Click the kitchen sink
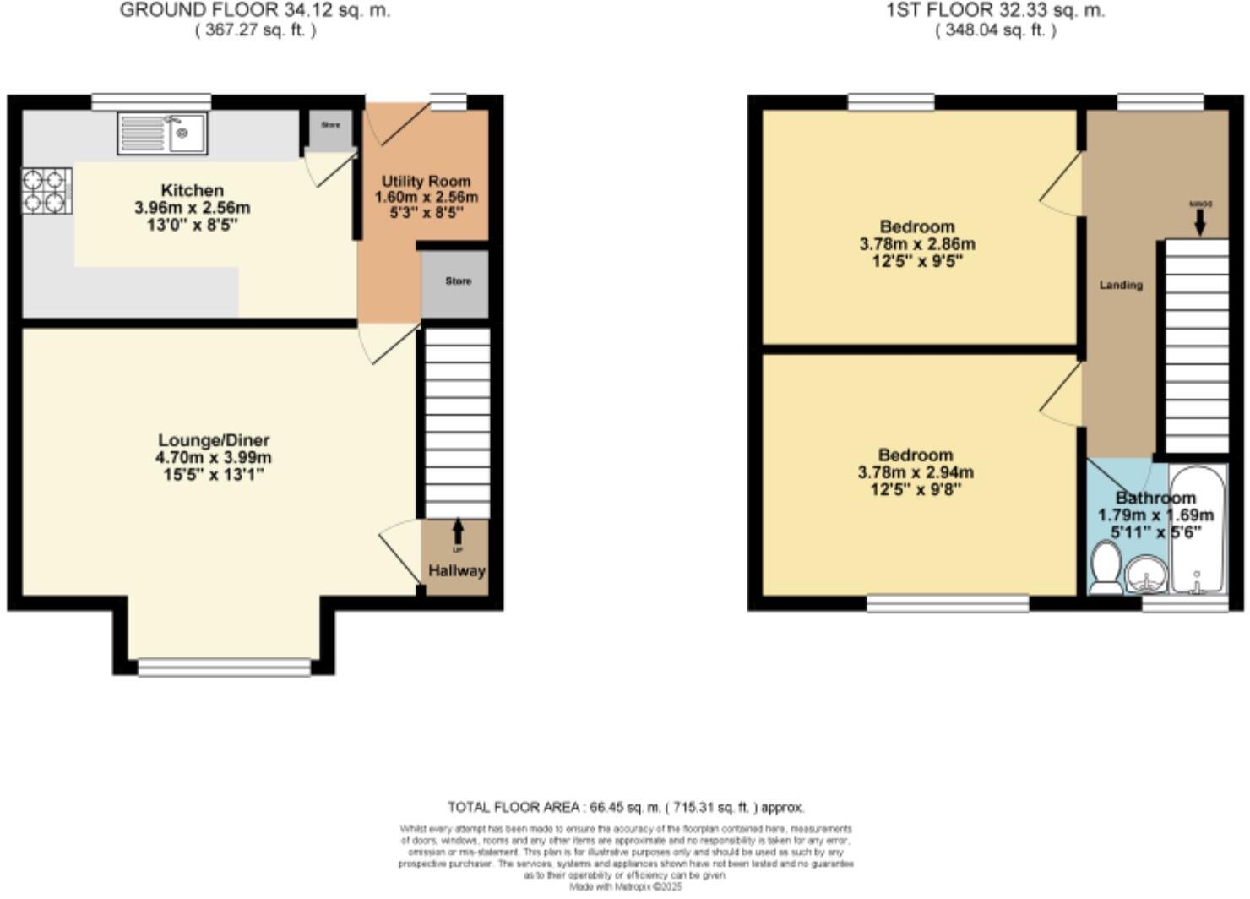pyautogui.click(x=162, y=133)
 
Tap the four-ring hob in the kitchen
pyautogui.click(x=46, y=190)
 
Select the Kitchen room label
pyautogui.click(x=192, y=191)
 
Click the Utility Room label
pyautogui.click(x=426, y=182)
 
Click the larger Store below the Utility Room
pyautogui.click(x=457, y=282)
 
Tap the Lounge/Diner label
pyautogui.click(x=214, y=440)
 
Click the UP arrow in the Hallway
pyautogui.click(x=458, y=532)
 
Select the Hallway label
pyautogui.click(x=456, y=571)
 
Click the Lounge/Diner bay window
pyautogui.click(x=224, y=667)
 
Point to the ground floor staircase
pyautogui.click(x=456, y=422)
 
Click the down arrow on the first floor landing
pyautogui.click(x=1199, y=221)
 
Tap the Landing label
pyautogui.click(x=1120, y=286)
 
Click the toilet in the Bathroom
pyautogui.click(x=1105, y=567)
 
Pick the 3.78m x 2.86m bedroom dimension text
pyautogui.click(x=916, y=244)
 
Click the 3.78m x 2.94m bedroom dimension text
pyautogui.click(x=915, y=472)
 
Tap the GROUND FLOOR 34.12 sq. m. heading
pyautogui.click(x=255, y=11)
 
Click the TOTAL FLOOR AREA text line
pyautogui.click(x=625, y=807)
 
